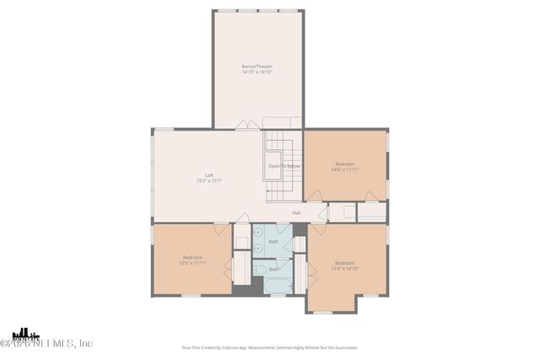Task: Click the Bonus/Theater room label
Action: coord(256,66)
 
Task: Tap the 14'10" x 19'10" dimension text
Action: coord(256,72)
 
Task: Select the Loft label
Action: coord(208,175)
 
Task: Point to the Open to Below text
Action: coord(284,166)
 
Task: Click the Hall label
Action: coord(296,212)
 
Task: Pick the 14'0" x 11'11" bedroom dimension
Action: coord(345,169)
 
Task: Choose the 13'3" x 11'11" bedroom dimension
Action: coord(192,263)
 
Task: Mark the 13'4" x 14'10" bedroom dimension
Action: coord(345,268)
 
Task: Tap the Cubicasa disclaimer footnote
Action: coord(269,347)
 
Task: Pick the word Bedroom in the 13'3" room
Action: coord(192,257)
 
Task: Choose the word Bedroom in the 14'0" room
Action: coord(345,164)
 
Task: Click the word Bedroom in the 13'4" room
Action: coord(345,262)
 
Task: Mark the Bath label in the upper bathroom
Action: coord(273,242)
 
